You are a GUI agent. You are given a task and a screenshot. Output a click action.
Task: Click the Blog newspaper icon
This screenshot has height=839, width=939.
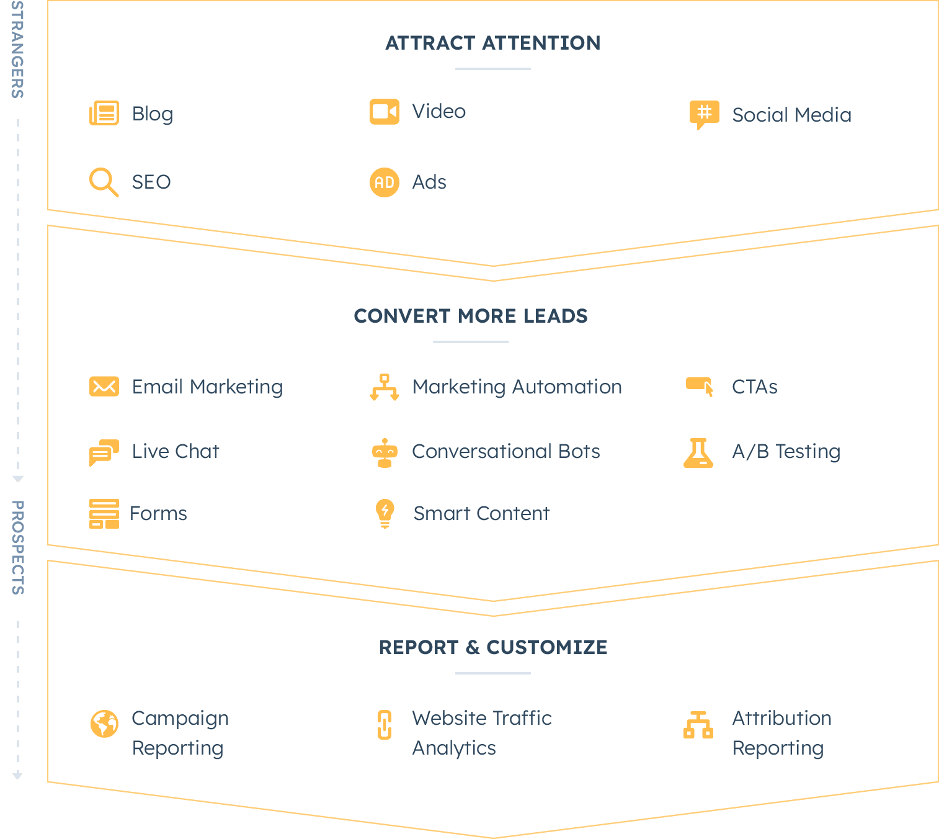[104, 114]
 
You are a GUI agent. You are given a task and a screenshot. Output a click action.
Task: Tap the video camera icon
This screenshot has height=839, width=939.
[385, 112]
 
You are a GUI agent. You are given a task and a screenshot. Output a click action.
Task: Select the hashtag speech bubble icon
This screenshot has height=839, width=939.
[704, 114]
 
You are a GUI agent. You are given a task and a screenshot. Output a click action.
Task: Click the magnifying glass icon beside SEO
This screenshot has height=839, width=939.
[104, 182]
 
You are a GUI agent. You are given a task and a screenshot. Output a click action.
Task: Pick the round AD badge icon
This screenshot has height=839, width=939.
[385, 182]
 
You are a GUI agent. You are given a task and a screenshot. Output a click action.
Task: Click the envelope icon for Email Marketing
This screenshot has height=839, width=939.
[104, 387]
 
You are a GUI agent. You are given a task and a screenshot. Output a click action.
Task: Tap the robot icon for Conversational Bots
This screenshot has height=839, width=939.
[385, 453]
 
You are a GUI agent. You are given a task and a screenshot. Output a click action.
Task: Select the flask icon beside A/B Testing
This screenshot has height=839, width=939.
[698, 452]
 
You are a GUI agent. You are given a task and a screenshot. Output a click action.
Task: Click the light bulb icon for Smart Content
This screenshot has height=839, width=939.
[385, 513]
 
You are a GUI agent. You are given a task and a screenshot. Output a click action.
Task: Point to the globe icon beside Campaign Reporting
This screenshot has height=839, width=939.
[104, 724]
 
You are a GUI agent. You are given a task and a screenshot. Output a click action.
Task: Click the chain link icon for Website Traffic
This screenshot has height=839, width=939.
[385, 725]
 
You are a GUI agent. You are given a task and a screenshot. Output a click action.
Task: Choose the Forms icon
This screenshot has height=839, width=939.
[104, 514]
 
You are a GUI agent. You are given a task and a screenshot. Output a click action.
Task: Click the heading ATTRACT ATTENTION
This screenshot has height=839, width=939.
[493, 43]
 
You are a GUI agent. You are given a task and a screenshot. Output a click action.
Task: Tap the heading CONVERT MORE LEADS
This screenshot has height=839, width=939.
[471, 316]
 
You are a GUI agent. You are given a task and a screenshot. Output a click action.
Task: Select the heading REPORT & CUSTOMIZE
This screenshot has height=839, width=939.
[493, 647]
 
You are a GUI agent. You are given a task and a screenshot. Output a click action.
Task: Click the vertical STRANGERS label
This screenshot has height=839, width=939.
[17, 50]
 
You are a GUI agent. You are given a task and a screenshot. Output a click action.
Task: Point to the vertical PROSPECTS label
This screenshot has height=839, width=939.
[17, 547]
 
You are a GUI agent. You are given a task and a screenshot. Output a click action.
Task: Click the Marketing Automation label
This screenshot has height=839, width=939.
[517, 387]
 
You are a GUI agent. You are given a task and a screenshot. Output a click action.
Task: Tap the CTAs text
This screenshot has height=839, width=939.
[754, 387]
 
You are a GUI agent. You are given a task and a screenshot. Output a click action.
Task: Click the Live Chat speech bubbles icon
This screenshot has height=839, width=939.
[104, 452]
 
